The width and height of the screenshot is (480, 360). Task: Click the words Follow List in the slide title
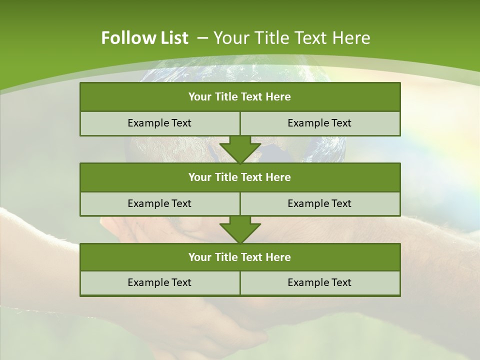tap(144, 38)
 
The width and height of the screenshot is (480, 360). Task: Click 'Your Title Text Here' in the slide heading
tap(291, 38)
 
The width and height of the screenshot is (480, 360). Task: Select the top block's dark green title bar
tap(240, 97)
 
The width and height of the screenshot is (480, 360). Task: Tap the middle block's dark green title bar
tap(240, 177)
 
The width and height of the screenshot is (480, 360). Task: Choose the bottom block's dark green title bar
tap(240, 257)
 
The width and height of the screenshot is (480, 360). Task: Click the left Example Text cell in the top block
tap(159, 123)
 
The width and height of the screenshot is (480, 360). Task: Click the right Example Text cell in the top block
tap(319, 123)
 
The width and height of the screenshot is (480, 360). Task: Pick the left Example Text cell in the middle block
tap(159, 204)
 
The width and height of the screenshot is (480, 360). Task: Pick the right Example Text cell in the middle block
tap(319, 204)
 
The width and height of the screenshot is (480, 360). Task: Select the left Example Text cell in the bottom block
tap(159, 283)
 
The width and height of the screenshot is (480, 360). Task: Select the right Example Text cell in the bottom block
tap(319, 283)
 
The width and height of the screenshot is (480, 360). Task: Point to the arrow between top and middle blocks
tap(240, 149)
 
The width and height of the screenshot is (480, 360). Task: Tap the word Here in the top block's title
tap(278, 97)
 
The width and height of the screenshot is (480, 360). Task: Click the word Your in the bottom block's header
tap(200, 257)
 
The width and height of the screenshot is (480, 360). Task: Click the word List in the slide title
tap(174, 38)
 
